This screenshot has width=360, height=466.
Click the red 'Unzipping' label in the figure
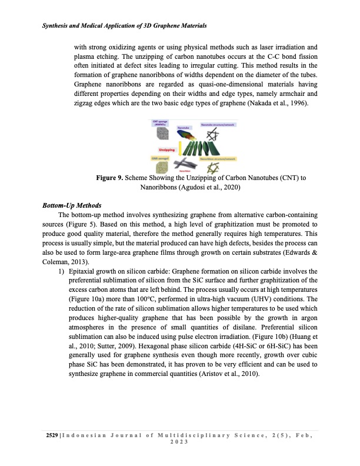pos(166,151)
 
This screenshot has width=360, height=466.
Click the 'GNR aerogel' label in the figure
pos(161,158)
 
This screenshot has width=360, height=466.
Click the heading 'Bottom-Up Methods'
pos(72,205)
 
